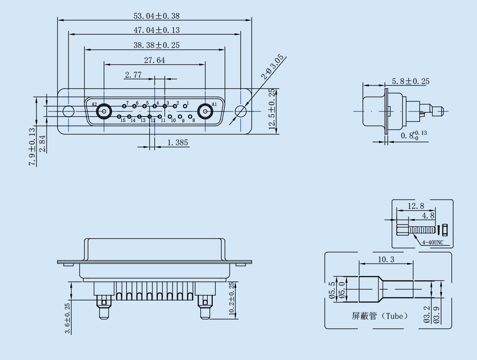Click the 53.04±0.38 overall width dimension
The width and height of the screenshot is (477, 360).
click(156, 16)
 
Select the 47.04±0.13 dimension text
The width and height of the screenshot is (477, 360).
click(156, 30)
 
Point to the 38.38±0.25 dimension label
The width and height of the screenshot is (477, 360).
click(156, 45)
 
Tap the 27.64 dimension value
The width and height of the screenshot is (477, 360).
click(154, 60)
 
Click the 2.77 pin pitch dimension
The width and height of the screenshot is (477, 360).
click(133, 75)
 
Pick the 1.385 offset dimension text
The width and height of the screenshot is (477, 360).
click(178, 143)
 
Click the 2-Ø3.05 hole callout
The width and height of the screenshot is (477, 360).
click(273, 67)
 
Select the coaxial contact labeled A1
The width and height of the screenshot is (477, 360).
click(206, 111)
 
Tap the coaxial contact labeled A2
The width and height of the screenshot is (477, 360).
click(104, 111)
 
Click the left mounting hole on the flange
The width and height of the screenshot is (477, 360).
click(68, 111)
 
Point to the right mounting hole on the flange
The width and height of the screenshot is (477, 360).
click(241, 111)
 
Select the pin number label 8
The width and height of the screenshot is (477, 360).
click(194, 120)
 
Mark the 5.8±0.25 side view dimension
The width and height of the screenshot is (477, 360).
click(410, 81)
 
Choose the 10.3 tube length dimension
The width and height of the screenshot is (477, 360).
click(386, 259)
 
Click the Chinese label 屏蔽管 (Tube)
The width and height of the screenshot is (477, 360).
click(379, 316)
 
